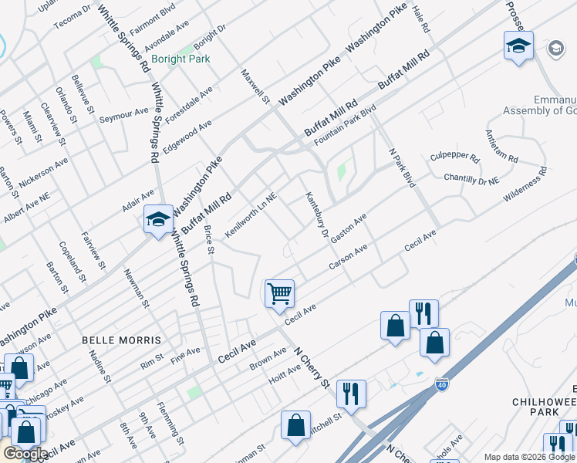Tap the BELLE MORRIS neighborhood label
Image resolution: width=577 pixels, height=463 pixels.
pyautogui.click(x=122, y=340)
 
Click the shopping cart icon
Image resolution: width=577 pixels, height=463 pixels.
pyautogui.click(x=279, y=293)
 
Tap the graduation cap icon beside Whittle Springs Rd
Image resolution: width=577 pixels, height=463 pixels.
pyautogui.click(x=158, y=220)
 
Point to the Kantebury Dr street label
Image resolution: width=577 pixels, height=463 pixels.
pyautogui.click(x=317, y=215)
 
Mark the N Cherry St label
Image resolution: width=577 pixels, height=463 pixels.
pyautogui.click(x=310, y=367)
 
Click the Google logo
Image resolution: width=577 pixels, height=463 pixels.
pyautogui.click(x=26, y=454)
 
